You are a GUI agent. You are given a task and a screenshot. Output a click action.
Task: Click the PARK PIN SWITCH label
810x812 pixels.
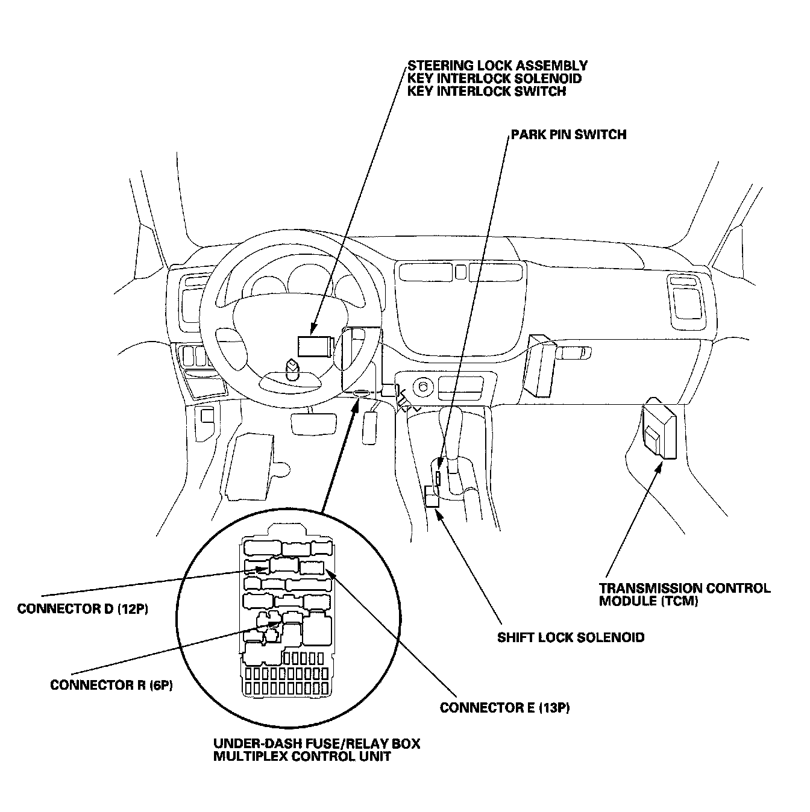(x=568, y=134)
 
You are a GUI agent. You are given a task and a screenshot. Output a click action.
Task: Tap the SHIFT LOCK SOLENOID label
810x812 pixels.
(x=570, y=637)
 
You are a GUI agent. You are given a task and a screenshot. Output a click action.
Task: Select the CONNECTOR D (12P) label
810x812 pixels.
(x=83, y=608)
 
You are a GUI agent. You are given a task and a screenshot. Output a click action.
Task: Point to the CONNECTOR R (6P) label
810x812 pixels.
(x=111, y=685)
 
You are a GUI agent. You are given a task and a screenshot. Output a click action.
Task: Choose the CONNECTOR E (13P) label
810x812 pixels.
(x=504, y=707)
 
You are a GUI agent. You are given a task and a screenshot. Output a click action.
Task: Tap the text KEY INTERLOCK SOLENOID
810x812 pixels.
(x=494, y=78)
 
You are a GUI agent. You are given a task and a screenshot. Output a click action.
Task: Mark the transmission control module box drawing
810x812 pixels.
(x=659, y=428)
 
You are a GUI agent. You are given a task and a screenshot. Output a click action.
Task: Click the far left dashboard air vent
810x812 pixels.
(x=194, y=295)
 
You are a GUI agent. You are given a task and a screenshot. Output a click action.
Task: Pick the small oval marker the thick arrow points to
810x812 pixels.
(x=360, y=393)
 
